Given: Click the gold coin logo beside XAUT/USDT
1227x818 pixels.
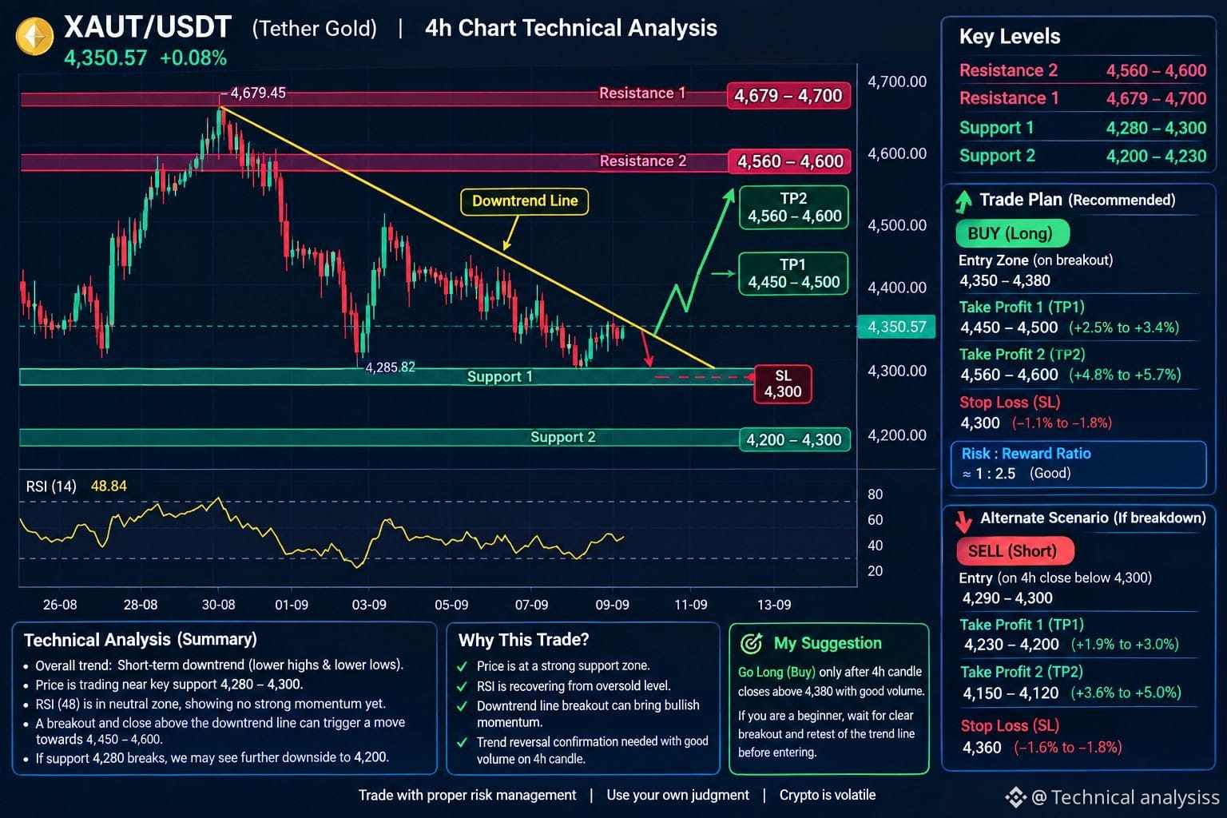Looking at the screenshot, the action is [34, 36].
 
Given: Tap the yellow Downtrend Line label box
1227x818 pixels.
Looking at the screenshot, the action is [524, 201].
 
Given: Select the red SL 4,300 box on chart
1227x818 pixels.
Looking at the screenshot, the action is [783, 383].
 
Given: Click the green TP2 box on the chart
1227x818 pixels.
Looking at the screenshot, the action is [794, 207].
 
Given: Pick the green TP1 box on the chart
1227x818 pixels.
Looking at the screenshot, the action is [793, 273].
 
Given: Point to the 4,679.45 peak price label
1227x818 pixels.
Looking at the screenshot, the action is [258, 93].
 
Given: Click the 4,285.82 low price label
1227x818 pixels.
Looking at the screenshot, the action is [390, 367].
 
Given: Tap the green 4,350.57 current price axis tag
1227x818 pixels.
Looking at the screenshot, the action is [896, 327].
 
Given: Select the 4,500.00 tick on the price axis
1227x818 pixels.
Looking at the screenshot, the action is [897, 225].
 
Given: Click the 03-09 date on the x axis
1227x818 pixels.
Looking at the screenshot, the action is [368, 605].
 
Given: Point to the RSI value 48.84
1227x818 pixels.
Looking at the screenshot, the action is [109, 486].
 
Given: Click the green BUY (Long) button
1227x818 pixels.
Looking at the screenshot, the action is [1012, 233].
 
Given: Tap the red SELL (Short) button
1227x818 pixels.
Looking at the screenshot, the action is [1015, 550].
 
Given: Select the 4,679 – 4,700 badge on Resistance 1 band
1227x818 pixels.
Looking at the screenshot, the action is [788, 96].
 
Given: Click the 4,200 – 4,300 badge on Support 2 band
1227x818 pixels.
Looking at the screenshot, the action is [794, 439].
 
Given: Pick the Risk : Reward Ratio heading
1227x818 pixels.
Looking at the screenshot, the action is [1026, 454].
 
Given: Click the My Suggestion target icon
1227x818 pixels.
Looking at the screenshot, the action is [751, 643].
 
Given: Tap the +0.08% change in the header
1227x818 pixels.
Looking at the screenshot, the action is [193, 58].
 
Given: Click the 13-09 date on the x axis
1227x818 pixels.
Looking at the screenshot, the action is [773, 605].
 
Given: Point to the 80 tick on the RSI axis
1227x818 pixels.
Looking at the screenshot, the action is [875, 494].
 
